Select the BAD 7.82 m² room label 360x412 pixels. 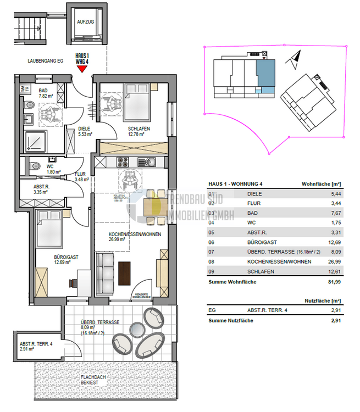click(x=44, y=93)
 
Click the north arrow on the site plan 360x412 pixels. click(x=296, y=56)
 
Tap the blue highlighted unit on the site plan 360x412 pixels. click(x=265, y=75)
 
